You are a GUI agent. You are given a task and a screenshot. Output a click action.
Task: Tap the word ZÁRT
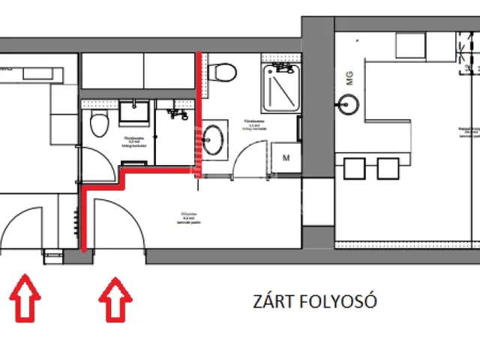[x=274, y=302]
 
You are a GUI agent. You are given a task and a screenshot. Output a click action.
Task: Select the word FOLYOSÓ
[x=337, y=302]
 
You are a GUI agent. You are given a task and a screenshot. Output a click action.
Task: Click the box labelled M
[x=286, y=158]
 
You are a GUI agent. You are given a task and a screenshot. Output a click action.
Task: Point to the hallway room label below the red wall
[x=188, y=218]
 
